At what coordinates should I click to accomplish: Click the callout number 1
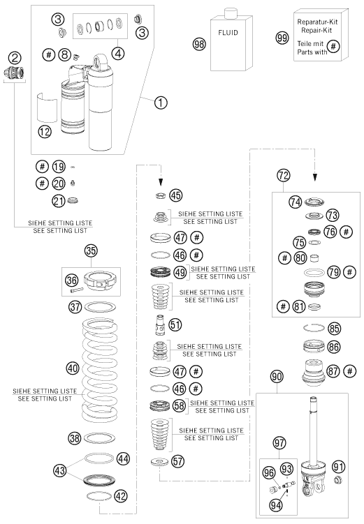[x=161, y=103]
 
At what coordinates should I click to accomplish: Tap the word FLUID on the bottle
[x=228, y=33]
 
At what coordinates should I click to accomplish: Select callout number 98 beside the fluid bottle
[x=199, y=44]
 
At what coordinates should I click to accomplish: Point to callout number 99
[x=282, y=38]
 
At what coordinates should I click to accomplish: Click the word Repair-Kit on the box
[x=316, y=31]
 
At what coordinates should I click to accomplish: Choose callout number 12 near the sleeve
[x=45, y=132]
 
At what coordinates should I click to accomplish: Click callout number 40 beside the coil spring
[x=73, y=368]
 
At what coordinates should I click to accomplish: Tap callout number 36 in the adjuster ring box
[x=71, y=280]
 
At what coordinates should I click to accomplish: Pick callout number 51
[x=175, y=324]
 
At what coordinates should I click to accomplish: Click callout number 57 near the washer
[x=177, y=461]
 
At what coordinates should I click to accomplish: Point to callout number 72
[x=284, y=175]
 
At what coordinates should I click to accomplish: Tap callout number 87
[x=333, y=371]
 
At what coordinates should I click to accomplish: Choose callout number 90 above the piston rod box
[x=277, y=377]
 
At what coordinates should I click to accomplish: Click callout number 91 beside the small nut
[x=339, y=467]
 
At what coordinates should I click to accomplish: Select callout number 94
[x=276, y=505]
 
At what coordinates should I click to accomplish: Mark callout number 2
[x=15, y=58]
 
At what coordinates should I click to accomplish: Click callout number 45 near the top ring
[x=175, y=195]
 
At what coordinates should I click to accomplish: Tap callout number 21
[x=59, y=201]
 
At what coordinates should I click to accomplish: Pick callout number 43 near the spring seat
[x=60, y=470]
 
